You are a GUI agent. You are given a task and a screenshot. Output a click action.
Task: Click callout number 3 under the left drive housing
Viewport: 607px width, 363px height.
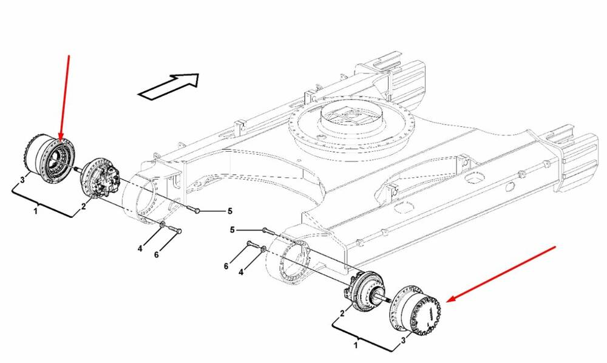pos(22,179)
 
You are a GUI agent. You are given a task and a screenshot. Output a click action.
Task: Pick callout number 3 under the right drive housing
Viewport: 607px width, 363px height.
pos(404,340)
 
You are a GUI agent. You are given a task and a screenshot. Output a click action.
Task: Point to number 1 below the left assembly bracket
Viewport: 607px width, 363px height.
pos(36,211)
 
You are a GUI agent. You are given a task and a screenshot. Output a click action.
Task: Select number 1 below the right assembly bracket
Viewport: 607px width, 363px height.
pos(356,345)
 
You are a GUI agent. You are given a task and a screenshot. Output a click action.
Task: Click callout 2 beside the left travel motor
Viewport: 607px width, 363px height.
pos(84,206)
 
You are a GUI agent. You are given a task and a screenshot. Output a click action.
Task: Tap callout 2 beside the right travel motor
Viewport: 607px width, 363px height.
pos(342,313)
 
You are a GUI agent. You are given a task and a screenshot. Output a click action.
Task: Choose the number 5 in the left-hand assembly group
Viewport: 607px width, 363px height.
pos(229,211)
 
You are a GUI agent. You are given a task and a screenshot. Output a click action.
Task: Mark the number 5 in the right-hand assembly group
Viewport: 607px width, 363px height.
pos(232,230)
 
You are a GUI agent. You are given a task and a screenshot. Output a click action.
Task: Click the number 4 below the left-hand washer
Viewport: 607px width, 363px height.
pos(140,248)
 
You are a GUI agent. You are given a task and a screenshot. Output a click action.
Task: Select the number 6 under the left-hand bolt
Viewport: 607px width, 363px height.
pos(157,254)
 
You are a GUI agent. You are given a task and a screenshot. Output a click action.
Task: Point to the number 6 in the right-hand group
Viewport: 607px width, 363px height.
pos(226,266)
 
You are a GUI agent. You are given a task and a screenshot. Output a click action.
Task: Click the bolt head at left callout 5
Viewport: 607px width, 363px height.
pos(197,211)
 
